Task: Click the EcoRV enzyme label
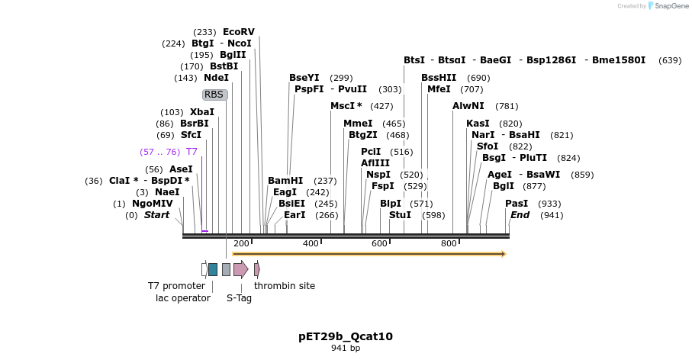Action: (238, 32)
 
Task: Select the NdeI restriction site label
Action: (216, 78)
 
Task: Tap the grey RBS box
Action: (214, 95)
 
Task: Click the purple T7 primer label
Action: (192, 152)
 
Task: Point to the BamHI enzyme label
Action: (285, 181)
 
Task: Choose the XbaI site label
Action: (202, 112)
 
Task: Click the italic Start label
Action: (156, 215)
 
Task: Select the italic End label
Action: (520, 215)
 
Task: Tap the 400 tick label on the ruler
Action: (311, 243)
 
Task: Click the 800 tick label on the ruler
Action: (449, 243)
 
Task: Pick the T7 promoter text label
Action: (176, 286)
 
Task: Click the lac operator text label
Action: (182, 298)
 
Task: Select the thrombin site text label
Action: (284, 286)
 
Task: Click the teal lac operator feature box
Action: (213, 269)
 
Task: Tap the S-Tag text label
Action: (239, 298)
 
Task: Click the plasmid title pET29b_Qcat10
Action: (346, 336)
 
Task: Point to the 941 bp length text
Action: (346, 349)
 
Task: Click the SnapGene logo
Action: (664, 6)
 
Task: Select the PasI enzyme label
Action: (517, 204)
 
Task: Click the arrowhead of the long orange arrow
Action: (503, 254)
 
